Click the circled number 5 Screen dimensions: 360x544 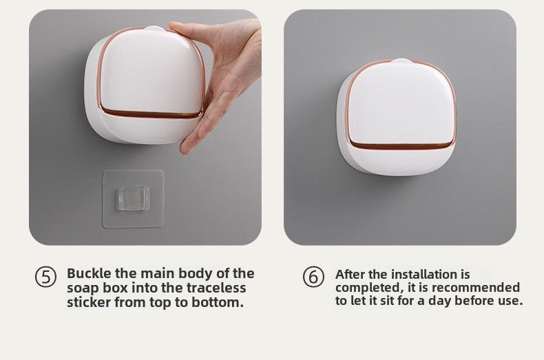(46, 277)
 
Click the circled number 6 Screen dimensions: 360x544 (313, 277)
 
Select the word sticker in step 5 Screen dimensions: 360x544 (90, 302)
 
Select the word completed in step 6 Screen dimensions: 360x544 (366, 287)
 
